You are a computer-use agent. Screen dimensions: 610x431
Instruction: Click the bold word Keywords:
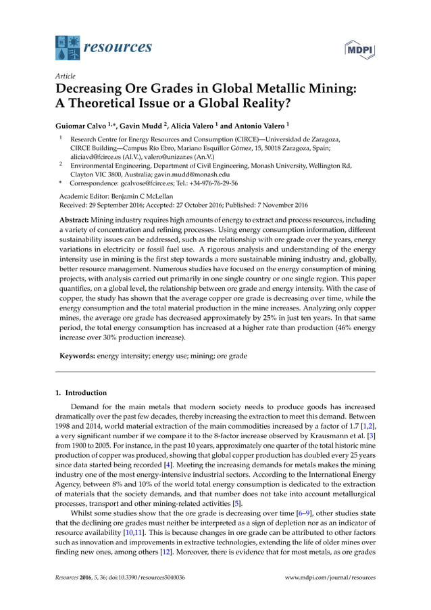coord(74,355)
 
